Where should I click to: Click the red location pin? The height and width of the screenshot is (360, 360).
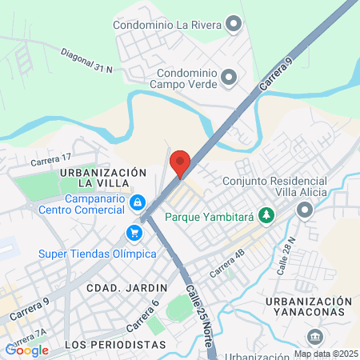pyautogui.click(x=180, y=162)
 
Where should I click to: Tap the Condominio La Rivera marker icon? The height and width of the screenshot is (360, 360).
pyautogui.click(x=233, y=24)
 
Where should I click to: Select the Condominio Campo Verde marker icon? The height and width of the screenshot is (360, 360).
pyautogui.click(x=230, y=77)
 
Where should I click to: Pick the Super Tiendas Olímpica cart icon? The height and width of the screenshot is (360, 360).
pyautogui.click(x=134, y=234)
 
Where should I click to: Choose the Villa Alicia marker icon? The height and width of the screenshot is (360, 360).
pyautogui.click(x=304, y=210)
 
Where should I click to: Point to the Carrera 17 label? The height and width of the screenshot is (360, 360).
pyautogui.click(x=51, y=160)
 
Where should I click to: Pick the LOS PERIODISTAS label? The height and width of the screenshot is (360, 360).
pyautogui.click(x=106, y=345)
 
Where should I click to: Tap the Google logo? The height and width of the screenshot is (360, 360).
pyautogui.click(x=27, y=350)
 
